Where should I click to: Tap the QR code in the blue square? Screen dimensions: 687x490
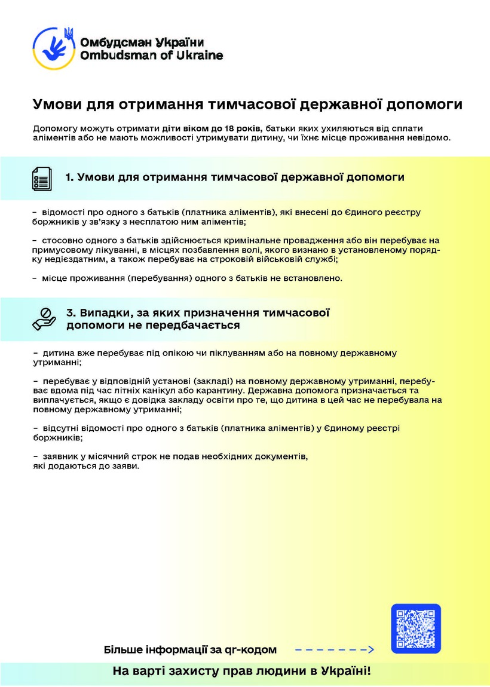coord(416,628)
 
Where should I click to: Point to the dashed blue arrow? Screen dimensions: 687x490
coord(334,649)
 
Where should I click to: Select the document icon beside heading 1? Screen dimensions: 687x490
coord(42,178)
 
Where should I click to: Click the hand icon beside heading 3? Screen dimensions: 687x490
coord(44,319)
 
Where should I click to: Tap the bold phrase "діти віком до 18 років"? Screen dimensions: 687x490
coord(212,128)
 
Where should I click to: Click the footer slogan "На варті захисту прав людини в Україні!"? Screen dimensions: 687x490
coord(242,671)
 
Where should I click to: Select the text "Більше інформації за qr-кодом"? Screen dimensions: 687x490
coord(191,649)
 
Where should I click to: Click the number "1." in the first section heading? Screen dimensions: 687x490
coord(70,177)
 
